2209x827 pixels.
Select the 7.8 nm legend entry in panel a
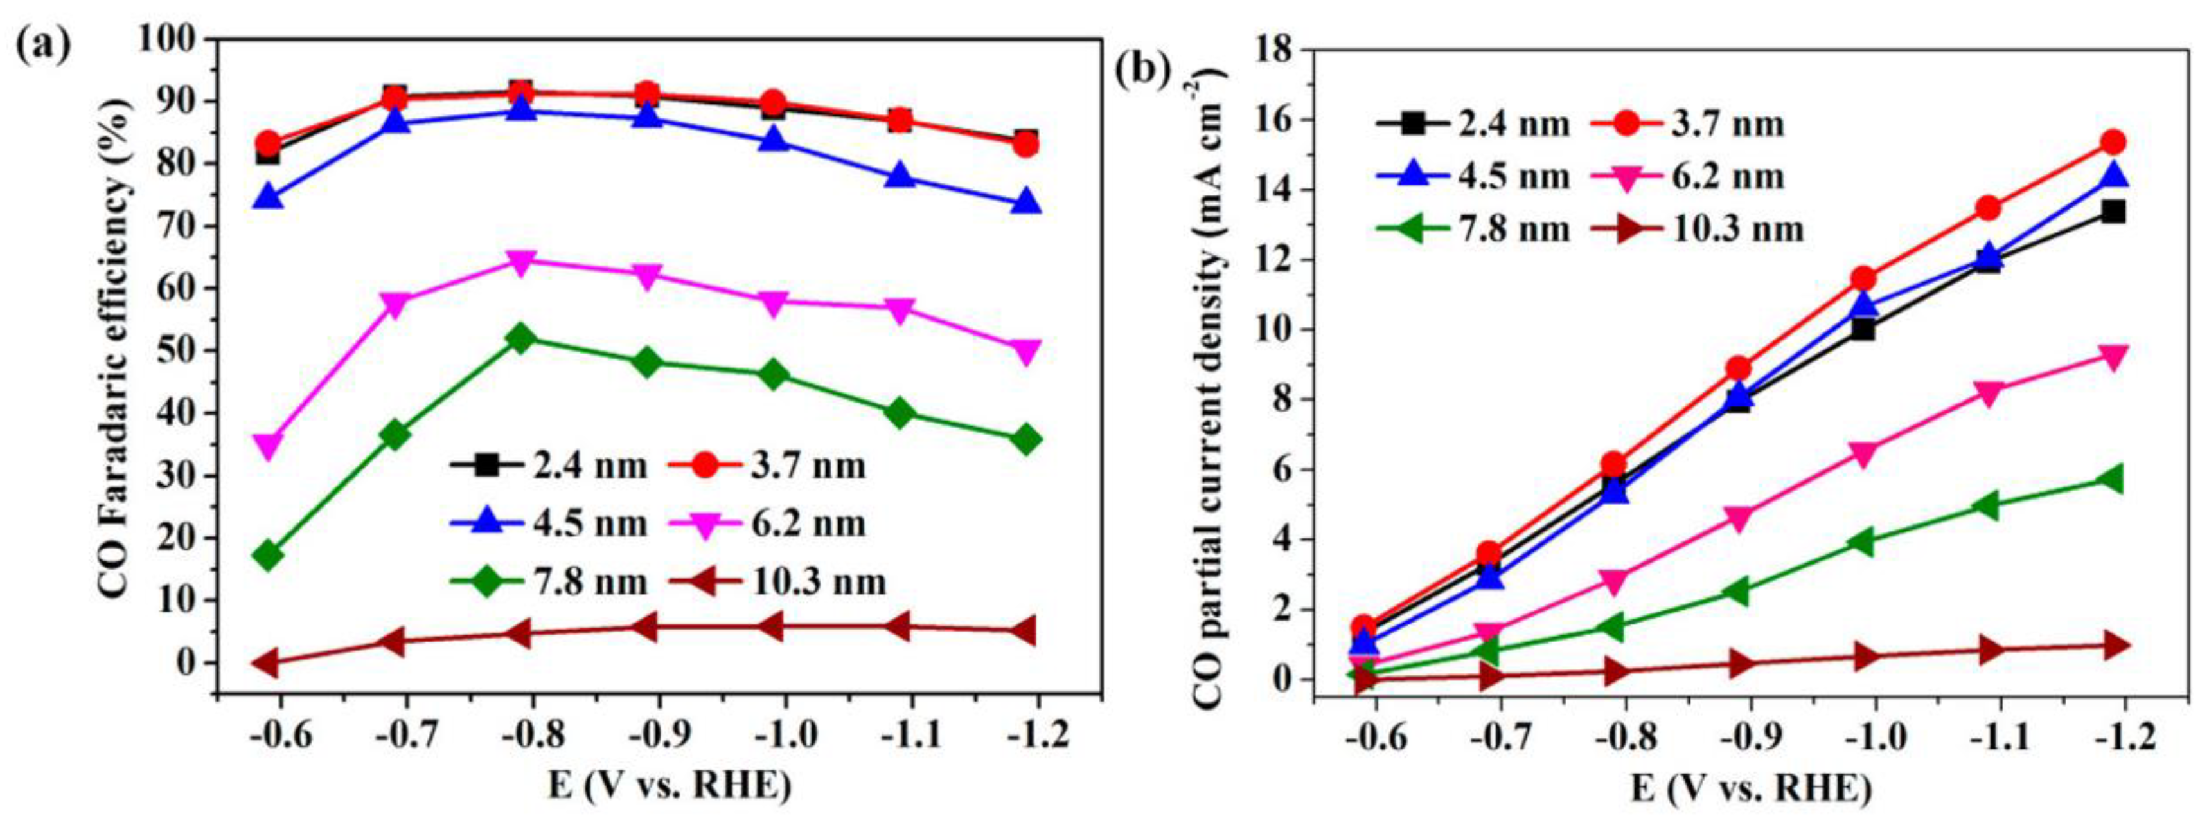[x=549, y=583]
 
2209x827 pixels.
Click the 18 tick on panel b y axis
[x=1279, y=50]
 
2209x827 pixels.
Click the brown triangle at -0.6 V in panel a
[x=269, y=662]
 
